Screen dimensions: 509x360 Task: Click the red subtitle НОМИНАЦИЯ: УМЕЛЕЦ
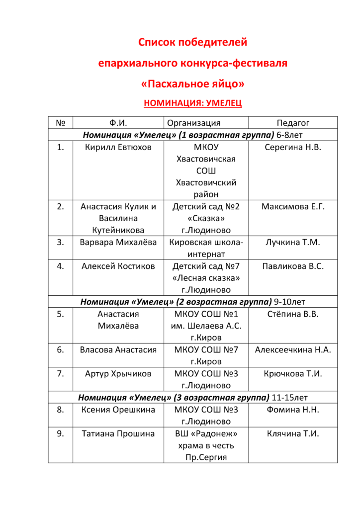192,103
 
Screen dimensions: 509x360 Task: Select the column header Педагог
293,123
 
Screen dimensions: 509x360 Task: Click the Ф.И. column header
118,123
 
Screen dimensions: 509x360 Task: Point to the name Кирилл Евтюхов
118,147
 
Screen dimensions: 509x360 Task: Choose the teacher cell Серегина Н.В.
293,147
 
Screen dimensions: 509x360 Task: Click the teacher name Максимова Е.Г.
293,206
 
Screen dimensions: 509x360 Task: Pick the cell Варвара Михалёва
118,242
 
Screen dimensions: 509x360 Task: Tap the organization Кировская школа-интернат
206,248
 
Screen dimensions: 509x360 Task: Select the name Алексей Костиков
118,266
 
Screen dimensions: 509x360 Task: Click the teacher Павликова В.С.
293,266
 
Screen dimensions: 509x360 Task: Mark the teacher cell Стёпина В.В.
293,314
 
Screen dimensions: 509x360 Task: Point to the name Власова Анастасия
118,349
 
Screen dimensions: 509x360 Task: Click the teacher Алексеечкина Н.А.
293,349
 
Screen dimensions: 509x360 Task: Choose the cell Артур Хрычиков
118,373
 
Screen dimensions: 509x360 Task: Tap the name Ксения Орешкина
118,410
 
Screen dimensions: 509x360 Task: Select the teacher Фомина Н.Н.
293,410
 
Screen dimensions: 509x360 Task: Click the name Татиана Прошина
118,433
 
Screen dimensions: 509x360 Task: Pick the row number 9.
60,433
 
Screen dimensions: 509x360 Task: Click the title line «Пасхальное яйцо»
192,84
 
